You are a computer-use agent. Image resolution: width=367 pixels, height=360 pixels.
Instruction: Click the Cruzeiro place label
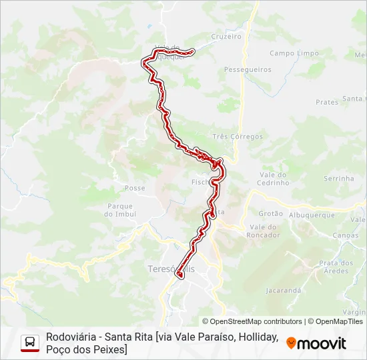click(226, 37)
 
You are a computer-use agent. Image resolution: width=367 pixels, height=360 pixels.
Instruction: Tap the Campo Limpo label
click(290, 53)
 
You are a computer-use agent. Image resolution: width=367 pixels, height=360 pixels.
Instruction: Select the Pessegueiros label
click(248, 69)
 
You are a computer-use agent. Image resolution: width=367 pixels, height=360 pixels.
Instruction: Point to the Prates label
click(327, 102)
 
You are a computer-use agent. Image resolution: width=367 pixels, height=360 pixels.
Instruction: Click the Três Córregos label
click(238, 137)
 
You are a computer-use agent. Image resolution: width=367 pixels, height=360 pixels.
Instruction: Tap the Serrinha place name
click(338, 179)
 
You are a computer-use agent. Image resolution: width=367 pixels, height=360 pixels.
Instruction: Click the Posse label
click(135, 188)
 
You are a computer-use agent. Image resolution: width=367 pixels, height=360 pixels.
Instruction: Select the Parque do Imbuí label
click(120, 210)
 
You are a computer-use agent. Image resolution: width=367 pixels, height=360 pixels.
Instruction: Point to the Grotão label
click(270, 214)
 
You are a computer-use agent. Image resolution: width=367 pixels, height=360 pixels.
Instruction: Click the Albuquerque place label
click(312, 215)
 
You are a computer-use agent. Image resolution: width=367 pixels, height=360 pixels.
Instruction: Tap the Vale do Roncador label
click(263, 231)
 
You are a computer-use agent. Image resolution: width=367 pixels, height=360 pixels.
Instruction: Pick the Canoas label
click(345, 235)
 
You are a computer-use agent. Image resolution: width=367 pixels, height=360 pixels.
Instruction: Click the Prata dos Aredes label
click(334, 267)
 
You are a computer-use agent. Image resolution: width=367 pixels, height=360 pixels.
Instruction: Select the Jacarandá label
click(284, 291)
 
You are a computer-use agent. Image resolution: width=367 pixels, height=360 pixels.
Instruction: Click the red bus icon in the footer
click(30, 343)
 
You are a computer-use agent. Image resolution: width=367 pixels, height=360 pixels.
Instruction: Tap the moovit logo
click(316, 343)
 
